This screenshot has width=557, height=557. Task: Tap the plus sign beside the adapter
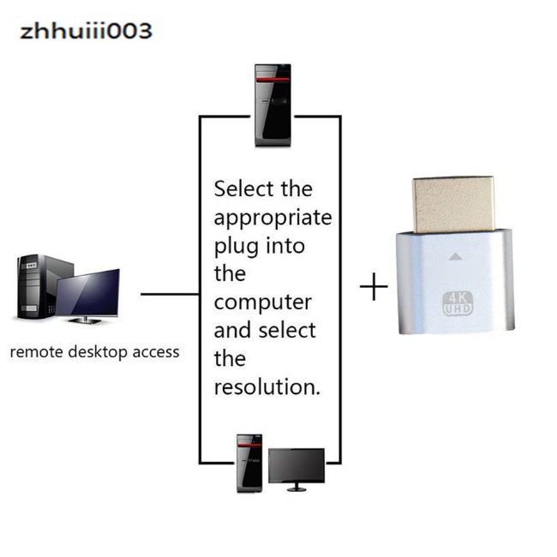374,287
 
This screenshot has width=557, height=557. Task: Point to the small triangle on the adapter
457,255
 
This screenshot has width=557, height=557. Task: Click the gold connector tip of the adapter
452,203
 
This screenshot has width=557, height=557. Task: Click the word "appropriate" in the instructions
273,218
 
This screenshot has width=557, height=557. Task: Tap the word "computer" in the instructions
262,302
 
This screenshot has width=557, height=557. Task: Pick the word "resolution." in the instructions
267,386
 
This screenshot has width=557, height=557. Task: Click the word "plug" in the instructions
236,247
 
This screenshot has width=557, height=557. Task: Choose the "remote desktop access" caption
94,351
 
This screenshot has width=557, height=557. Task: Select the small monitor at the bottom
296,468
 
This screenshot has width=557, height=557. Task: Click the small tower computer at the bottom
249,464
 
